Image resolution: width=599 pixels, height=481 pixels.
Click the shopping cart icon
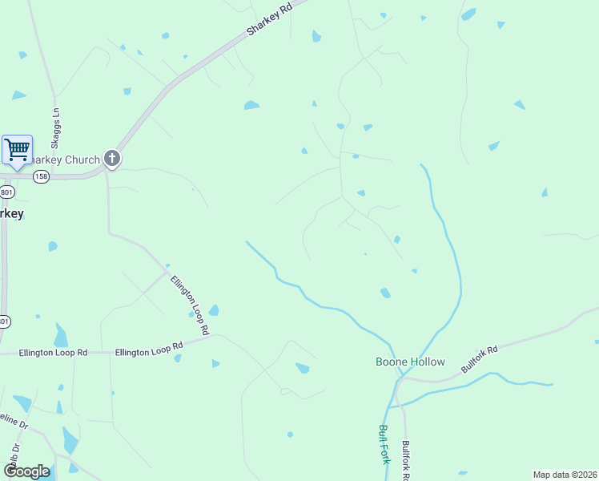pos(17,149)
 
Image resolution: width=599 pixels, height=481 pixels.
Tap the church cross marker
pos(111,159)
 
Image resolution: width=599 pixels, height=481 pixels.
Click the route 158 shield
pos(42,176)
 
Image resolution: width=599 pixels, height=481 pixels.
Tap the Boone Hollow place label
pos(410,362)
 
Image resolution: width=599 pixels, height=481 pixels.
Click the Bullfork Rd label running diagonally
pos(480,359)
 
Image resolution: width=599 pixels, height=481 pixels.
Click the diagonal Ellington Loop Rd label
pos(190,305)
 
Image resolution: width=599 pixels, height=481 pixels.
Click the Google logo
pos(27,471)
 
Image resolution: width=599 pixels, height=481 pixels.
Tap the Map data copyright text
pos(565,475)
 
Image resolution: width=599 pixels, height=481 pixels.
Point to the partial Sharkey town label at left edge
pos(11,213)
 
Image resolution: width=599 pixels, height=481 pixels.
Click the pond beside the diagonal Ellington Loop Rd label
pos(214,310)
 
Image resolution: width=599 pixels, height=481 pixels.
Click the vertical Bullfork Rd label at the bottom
pos(406,460)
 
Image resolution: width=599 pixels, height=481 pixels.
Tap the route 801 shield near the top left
pos(6,192)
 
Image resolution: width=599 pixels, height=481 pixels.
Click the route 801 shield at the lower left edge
pos(5,321)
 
